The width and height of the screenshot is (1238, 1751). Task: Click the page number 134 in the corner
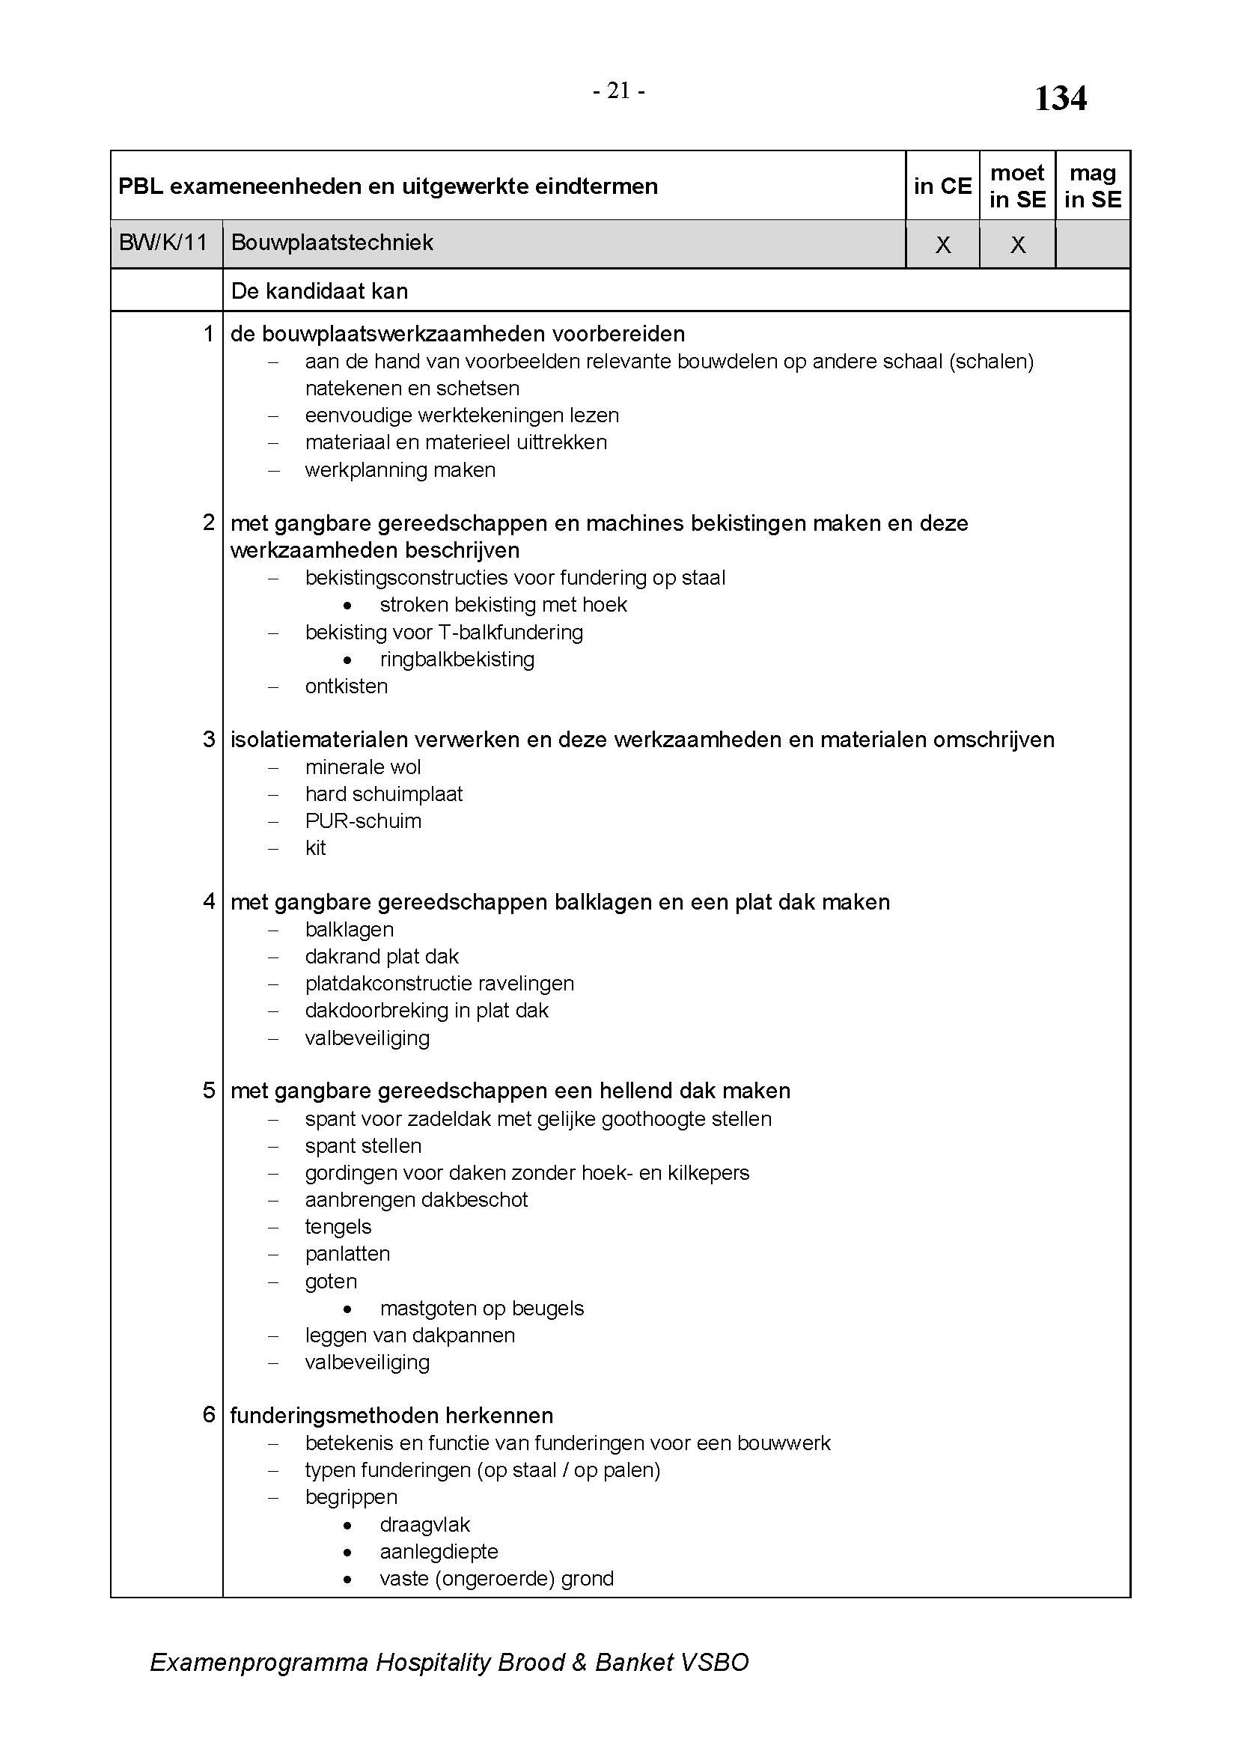[1060, 99]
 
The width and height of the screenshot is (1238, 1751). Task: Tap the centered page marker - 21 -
[619, 91]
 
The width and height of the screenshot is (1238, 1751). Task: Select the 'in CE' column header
[942, 186]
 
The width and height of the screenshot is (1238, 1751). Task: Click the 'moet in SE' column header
[1017, 186]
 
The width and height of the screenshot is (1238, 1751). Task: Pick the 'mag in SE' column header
[1092, 186]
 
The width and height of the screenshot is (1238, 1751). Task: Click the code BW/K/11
[163, 243]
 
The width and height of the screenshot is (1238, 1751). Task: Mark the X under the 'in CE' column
[943, 245]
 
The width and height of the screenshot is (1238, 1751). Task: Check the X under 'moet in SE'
[1018, 245]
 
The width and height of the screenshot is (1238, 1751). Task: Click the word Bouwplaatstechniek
[332, 243]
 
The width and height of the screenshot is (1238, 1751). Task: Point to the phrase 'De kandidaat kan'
[320, 291]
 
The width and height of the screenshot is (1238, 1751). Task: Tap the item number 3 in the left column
[209, 739]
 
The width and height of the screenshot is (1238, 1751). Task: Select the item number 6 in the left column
[209, 1415]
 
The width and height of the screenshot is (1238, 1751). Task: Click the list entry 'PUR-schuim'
[363, 821]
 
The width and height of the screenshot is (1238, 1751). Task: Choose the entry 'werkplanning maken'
[400, 470]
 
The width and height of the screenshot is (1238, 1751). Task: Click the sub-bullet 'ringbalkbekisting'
[457, 659]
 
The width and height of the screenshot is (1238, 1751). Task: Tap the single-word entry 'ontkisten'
[346, 686]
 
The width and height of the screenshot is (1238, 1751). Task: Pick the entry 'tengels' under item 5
[338, 1227]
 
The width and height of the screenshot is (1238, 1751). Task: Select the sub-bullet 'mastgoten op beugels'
[482, 1309]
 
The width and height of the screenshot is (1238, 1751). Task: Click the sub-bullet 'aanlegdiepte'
[439, 1552]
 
